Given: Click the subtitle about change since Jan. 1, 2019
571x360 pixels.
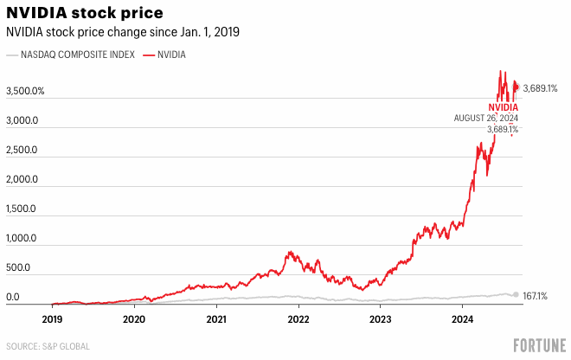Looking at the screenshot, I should tap(123, 32).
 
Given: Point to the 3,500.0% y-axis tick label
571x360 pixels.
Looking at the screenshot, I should tap(26, 91).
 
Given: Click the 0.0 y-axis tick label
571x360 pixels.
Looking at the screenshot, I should tap(13, 298).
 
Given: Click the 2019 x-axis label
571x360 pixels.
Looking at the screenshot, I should tap(52, 318).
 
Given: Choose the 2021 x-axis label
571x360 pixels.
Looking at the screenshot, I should tap(216, 318).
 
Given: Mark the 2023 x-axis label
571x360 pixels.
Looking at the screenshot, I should tap(380, 318).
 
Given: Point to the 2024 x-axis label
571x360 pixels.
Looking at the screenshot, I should tap(462, 318).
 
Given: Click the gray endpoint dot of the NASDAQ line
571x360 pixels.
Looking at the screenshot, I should tap(516, 294).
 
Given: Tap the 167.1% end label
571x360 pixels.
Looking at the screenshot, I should tap(536, 295).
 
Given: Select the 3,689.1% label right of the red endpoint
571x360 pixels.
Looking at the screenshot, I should tap(541, 88).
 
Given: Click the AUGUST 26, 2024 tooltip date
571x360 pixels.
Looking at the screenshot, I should tap(486, 118).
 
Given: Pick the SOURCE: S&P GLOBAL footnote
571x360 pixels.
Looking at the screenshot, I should tap(48, 346).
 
